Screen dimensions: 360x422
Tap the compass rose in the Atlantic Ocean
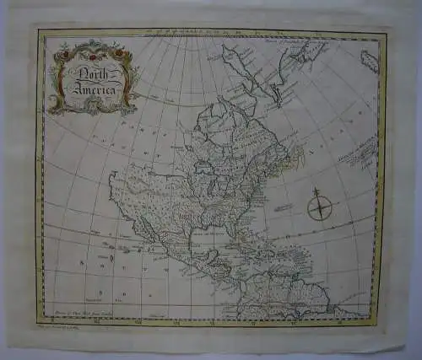[x=319, y=205]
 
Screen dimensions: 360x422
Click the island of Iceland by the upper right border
[x=370, y=60]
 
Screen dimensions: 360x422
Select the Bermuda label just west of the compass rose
[x=284, y=207]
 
